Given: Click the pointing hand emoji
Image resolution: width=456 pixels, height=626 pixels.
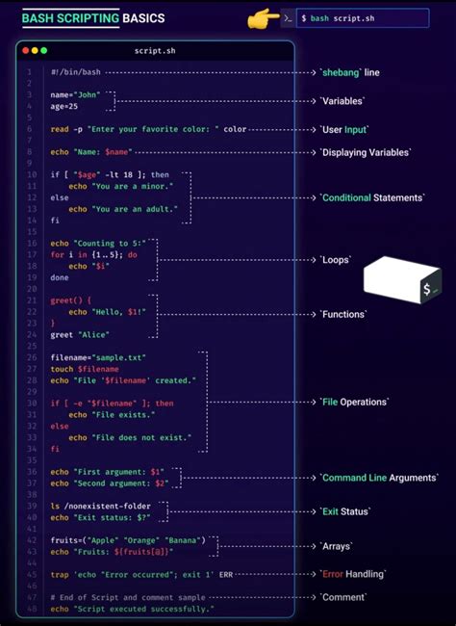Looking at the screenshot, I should pos(263,18).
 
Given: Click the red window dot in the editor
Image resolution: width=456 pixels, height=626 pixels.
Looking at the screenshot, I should pos(24,50).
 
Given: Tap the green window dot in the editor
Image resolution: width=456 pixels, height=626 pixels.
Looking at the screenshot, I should pos(42,50).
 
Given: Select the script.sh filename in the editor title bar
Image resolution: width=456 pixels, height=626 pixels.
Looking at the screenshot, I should pos(155,50).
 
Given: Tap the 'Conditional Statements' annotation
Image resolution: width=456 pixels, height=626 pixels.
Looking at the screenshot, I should pos(372,197).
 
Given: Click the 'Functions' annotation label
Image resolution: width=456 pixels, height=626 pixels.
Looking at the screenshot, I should pos(342,314).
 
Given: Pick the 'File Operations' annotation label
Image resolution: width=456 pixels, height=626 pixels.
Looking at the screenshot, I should pos(354,402).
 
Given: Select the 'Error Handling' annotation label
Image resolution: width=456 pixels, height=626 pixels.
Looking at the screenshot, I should pos(352,574).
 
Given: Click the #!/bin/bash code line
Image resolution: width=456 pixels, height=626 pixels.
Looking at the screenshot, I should pos(76,72).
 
